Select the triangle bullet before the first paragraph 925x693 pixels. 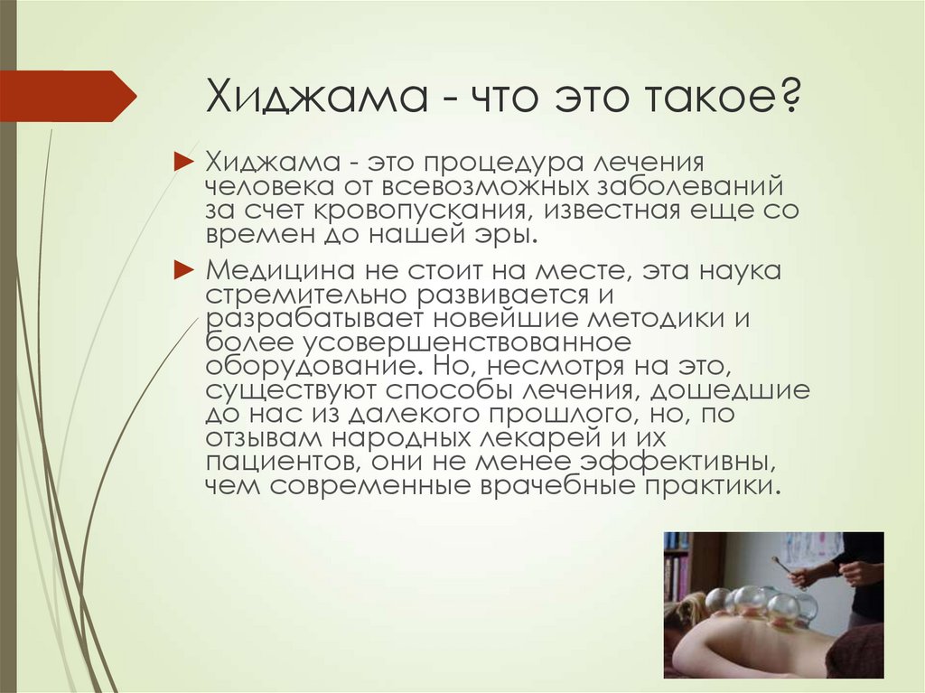point(182,162)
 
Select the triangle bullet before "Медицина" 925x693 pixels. point(182,269)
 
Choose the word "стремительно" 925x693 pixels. point(291,295)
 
